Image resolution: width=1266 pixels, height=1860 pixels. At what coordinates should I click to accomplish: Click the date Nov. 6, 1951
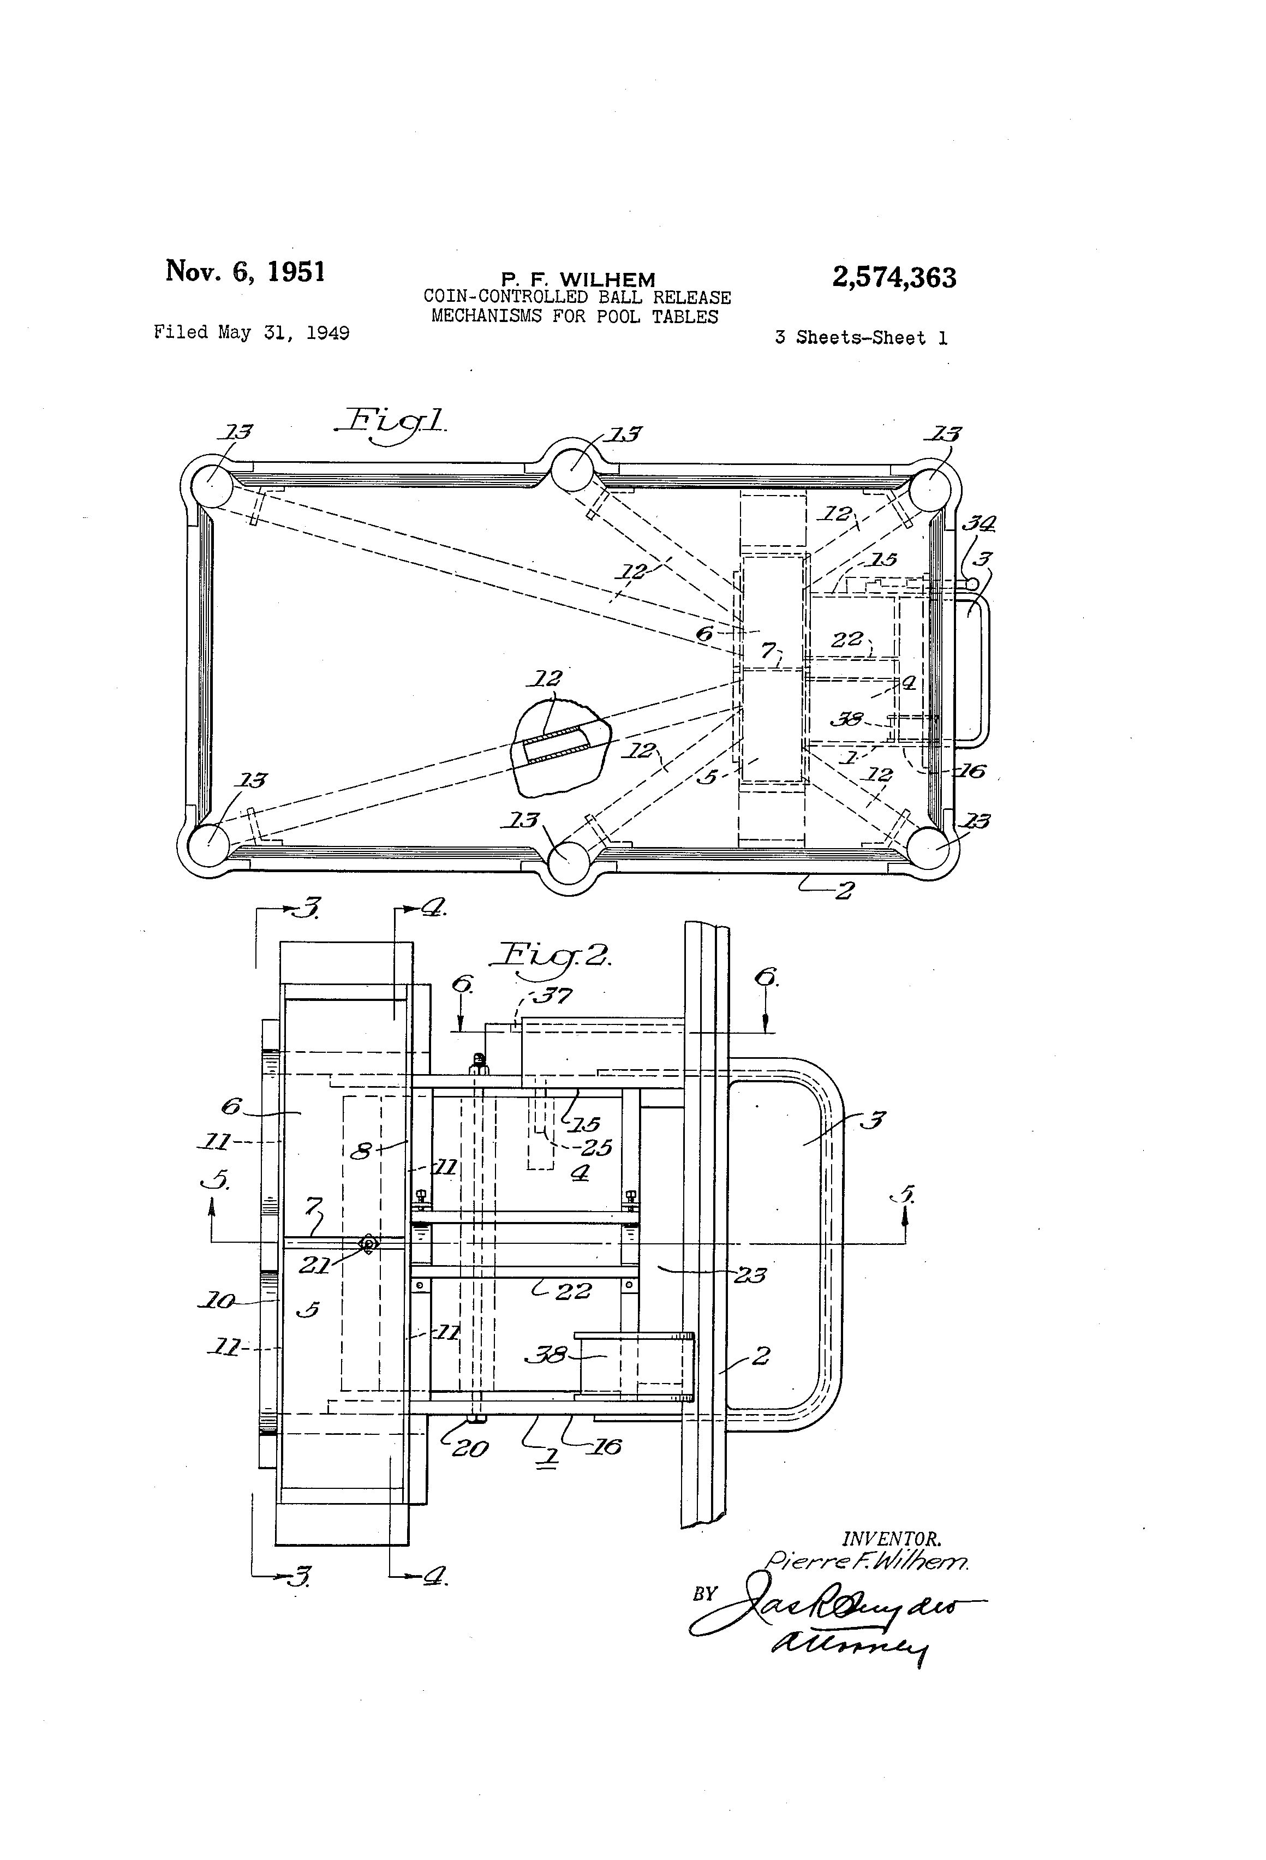pos(245,271)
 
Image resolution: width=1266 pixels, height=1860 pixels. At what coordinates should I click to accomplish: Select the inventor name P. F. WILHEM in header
pos(578,279)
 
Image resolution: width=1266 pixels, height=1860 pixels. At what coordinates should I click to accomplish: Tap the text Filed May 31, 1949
pos(251,332)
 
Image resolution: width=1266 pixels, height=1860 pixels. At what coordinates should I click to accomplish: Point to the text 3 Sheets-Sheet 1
pos(860,338)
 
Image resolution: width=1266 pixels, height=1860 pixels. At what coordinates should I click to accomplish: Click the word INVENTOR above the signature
pos(891,1538)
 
